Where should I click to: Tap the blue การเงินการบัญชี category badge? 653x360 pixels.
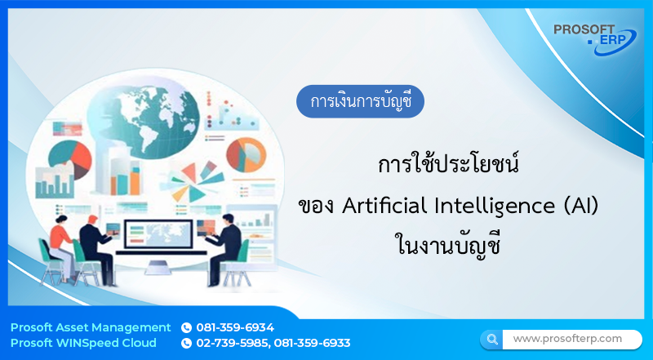360,103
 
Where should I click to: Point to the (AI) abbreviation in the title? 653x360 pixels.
581,207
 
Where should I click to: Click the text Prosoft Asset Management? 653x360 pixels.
91,327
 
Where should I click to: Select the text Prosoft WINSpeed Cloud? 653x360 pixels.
88,343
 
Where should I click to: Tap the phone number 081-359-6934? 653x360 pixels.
235,327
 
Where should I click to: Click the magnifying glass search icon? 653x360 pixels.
492,338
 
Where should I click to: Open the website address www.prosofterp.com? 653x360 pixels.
567,338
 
